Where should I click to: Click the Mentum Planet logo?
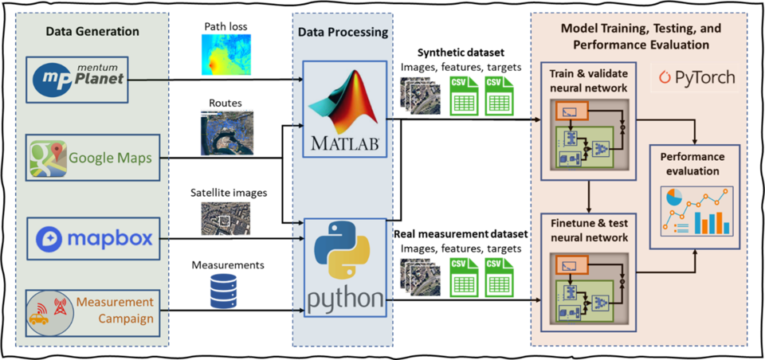[77, 80]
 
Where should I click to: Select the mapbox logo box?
[93, 237]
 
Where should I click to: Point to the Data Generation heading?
[92, 31]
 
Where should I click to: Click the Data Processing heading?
[343, 33]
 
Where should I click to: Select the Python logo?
[343, 267]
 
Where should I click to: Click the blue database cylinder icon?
[223, 291]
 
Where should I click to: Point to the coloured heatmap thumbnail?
[226, 54]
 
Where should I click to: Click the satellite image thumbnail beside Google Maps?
[226, 132]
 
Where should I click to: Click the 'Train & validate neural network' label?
[588, 80]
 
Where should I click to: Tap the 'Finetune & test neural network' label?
[588, 231]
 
